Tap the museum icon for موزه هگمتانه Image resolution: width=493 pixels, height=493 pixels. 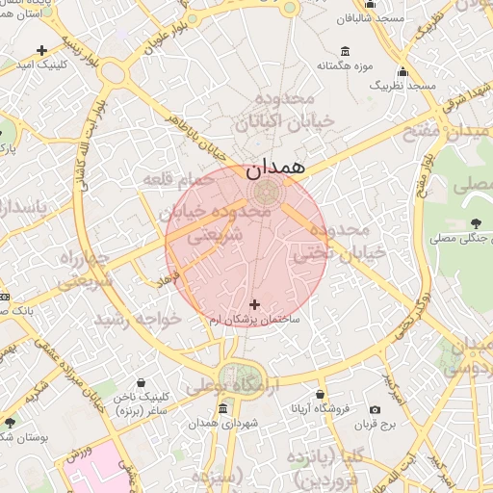pyautogui.click(x=345, y=51)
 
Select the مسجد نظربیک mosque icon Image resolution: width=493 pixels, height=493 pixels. pyautogui.click(x=402, y=71)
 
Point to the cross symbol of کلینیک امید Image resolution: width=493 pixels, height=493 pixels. pyautogui.click(x=41, y=50)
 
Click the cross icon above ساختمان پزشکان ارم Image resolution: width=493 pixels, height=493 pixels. pyautogui.click(x=254, y=304)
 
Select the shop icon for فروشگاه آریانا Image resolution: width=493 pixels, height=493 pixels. pyautogui.click(x=320, y=394)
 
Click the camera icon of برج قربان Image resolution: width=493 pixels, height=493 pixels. pyautogui.click(x=375, y=410)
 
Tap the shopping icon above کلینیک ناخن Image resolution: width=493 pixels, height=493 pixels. pyautogui.click(x=142, y=383)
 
